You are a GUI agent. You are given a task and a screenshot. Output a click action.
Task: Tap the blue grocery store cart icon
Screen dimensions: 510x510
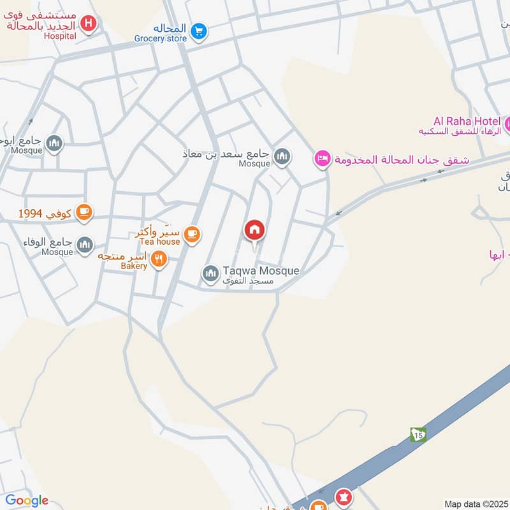(199, 29)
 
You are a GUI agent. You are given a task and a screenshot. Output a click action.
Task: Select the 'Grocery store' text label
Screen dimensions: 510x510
(160, 39)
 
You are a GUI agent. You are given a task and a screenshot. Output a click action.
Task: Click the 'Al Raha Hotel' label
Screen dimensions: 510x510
(467, 120)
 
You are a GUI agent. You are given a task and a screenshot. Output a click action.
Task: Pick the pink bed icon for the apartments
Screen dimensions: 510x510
(323, 158)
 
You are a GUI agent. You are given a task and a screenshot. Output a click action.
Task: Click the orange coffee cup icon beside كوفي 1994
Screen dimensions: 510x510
(84, 212)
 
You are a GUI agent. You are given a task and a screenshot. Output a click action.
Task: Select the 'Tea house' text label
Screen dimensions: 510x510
(160, 242)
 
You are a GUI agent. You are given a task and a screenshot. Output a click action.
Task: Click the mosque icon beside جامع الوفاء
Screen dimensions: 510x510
(84, 244)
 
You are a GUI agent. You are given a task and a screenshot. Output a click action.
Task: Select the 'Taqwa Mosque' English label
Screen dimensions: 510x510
(261, 271)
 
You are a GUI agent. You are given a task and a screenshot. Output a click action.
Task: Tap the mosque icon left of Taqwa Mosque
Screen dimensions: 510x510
(210, 273)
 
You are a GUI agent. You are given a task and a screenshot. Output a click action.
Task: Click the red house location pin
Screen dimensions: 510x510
(254, 231)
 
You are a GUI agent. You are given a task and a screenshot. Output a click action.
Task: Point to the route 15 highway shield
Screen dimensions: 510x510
(418, 434)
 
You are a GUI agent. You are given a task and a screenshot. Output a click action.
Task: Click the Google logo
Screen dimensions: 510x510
(27, 500)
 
